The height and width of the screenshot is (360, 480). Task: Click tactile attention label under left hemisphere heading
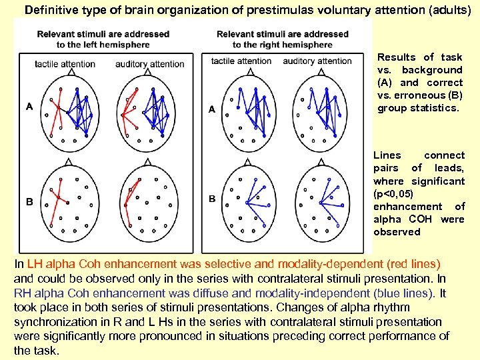point(65,64)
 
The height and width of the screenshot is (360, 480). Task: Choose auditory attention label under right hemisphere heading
point(317,61)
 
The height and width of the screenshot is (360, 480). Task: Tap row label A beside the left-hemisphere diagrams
point(29,106)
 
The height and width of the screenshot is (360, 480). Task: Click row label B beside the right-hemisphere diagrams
point(212,199)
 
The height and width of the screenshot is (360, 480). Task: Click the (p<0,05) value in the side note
point(393,193)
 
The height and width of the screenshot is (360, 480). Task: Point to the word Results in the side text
point(396,57)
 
